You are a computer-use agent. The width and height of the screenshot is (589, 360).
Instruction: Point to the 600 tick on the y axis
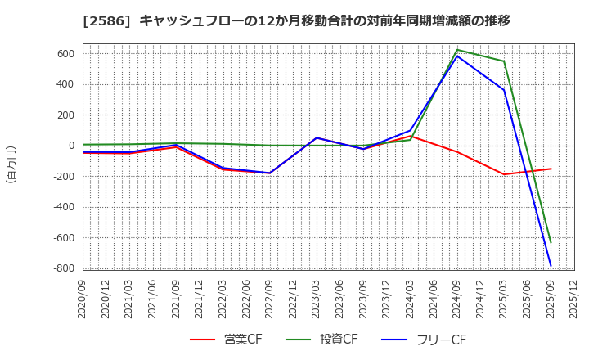(66, 54)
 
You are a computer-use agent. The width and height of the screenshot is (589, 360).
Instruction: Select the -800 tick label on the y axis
(63, 268)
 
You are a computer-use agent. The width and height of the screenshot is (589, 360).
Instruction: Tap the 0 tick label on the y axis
(71, 146)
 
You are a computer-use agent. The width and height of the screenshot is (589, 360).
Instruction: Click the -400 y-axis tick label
(63, 207)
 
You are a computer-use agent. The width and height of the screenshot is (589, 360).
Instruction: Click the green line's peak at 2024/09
(456, 50)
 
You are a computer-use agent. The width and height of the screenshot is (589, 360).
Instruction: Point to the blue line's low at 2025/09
(551, 266)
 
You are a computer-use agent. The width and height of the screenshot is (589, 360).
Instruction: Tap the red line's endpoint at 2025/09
(551, 169)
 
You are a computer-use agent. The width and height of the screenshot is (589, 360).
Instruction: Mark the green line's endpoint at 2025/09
(551, 242)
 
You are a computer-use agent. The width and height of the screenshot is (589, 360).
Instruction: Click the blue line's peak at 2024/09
(456, 56)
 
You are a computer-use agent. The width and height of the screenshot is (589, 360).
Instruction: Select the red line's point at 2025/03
(504, 174)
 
